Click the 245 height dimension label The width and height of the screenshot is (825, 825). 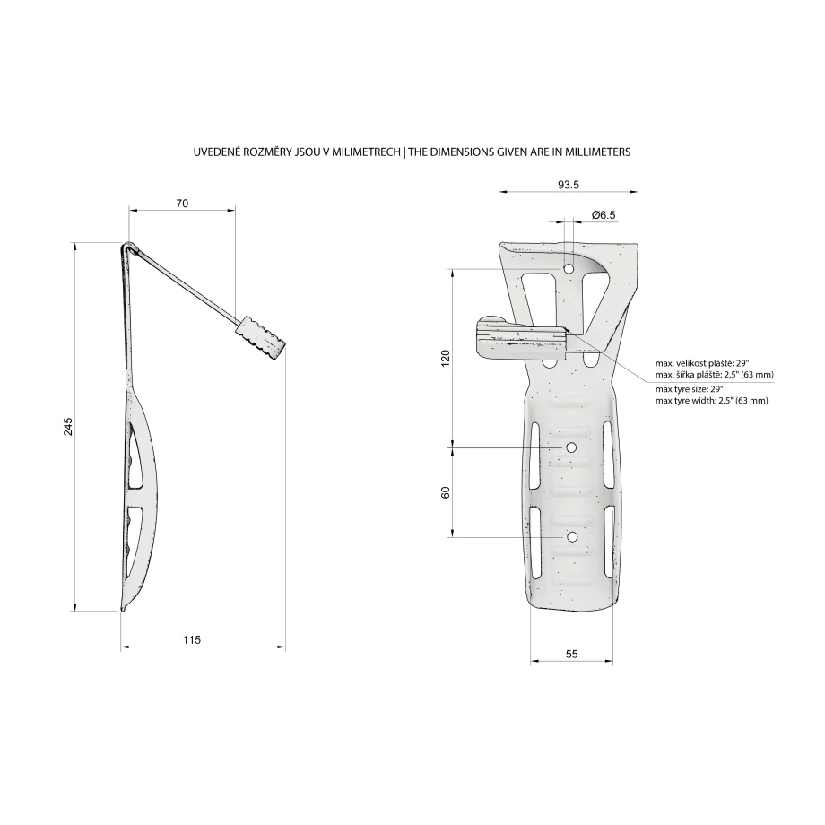(68, 426)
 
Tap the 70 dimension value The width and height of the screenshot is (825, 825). (182, 203)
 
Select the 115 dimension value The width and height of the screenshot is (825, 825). (192, 639)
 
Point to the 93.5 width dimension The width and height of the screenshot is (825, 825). (569, 185)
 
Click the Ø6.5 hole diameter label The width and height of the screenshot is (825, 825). (604, 214)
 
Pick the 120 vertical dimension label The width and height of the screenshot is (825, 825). (447, 358)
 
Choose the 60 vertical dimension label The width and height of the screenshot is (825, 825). (447, 492)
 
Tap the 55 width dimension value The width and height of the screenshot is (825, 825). (572, 654)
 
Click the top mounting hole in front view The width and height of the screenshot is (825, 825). (569, 269)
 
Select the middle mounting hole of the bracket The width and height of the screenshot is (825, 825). (571, 447)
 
